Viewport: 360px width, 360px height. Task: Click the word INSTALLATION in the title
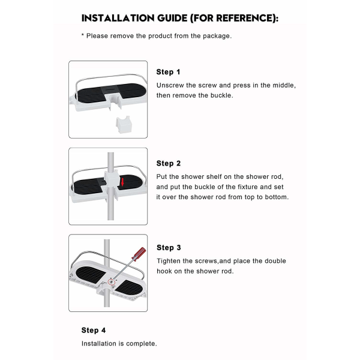(x=118, y=18)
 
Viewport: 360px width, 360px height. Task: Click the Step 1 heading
(x=168, y=72)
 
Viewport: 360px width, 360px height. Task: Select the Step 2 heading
(x=168, y=163)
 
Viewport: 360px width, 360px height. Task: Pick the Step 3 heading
(x=169, y=247)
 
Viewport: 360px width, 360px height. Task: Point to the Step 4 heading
(x=94, y=330)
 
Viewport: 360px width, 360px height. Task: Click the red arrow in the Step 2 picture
(x=122, y=182)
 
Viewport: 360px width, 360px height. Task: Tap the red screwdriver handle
(x=140, y=254)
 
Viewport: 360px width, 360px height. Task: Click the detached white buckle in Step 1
(x=124, y=124)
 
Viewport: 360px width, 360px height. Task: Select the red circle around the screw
(x=111, y=282)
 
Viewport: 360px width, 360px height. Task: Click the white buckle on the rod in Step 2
(x=112, y=179)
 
